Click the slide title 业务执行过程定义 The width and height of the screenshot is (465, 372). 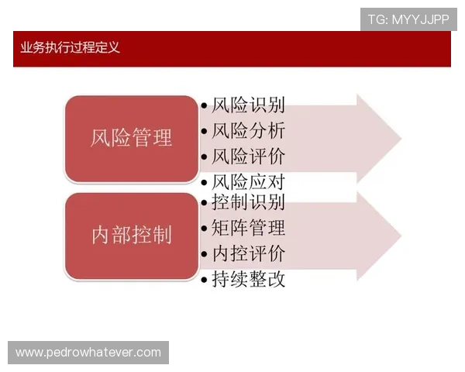(x=71, y=48)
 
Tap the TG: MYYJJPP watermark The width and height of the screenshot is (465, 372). (x=408, y=19)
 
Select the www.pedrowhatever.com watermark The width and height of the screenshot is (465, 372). (x=88, y=353)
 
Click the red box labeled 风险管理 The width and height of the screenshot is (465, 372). (x=131, y=139)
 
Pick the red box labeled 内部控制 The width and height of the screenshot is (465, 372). (x=131, y=236)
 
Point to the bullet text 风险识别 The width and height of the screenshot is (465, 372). (x=248, y=105)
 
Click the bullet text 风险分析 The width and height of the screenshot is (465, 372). (x=248, y=130)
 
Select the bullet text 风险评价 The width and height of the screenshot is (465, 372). (x=248, y=156)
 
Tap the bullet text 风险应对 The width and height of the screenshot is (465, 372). (x=248, y=183)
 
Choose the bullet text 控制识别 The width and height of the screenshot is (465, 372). (x=248, y=202)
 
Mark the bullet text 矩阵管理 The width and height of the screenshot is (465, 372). (x=248, y=228)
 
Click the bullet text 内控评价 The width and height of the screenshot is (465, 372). (x=248, y=253)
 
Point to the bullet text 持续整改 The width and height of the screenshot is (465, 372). (x=248, y=279)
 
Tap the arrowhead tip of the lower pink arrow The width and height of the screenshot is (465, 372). (x=400, y=236)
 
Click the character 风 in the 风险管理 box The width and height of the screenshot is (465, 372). (x=101, y=139)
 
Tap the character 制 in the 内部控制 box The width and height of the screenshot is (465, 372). (x=162, y=236)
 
